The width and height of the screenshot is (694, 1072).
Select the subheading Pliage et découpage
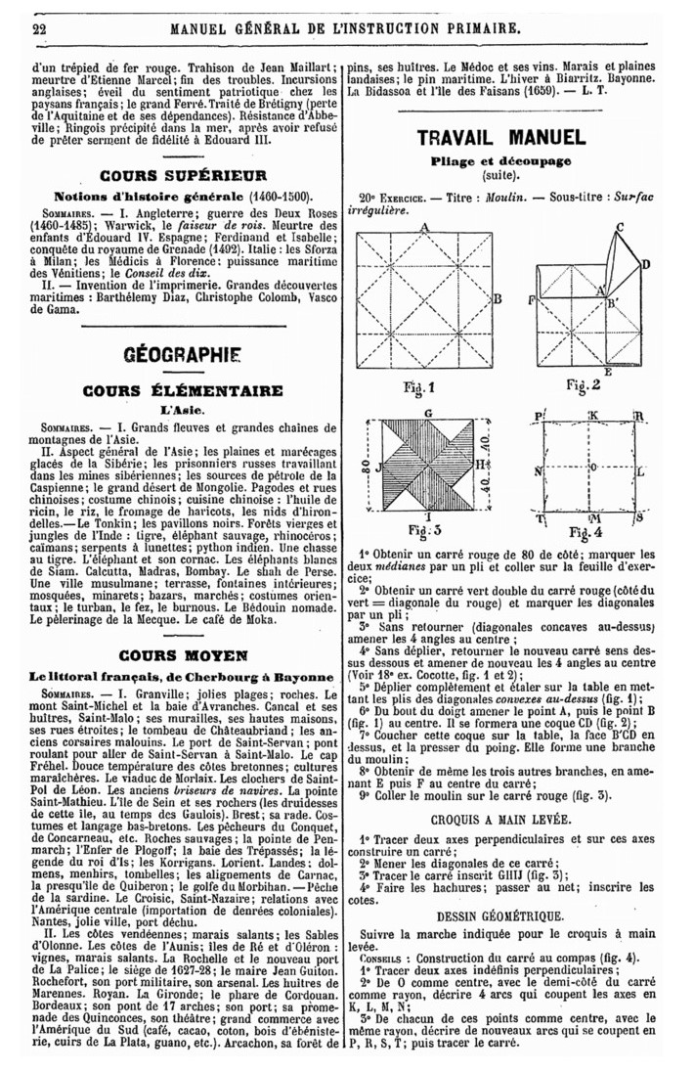click(501, 160)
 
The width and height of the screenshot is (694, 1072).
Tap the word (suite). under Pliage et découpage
click(501, 177)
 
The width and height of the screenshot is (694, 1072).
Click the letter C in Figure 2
click(620, 227)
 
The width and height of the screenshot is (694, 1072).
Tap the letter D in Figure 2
click(645, 264)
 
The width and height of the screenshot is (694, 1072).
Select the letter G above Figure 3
click(428, 414)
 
